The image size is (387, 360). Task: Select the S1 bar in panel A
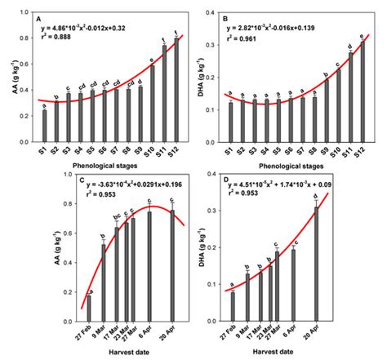pos(44,124)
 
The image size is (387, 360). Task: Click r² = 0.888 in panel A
pos(69,37)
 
